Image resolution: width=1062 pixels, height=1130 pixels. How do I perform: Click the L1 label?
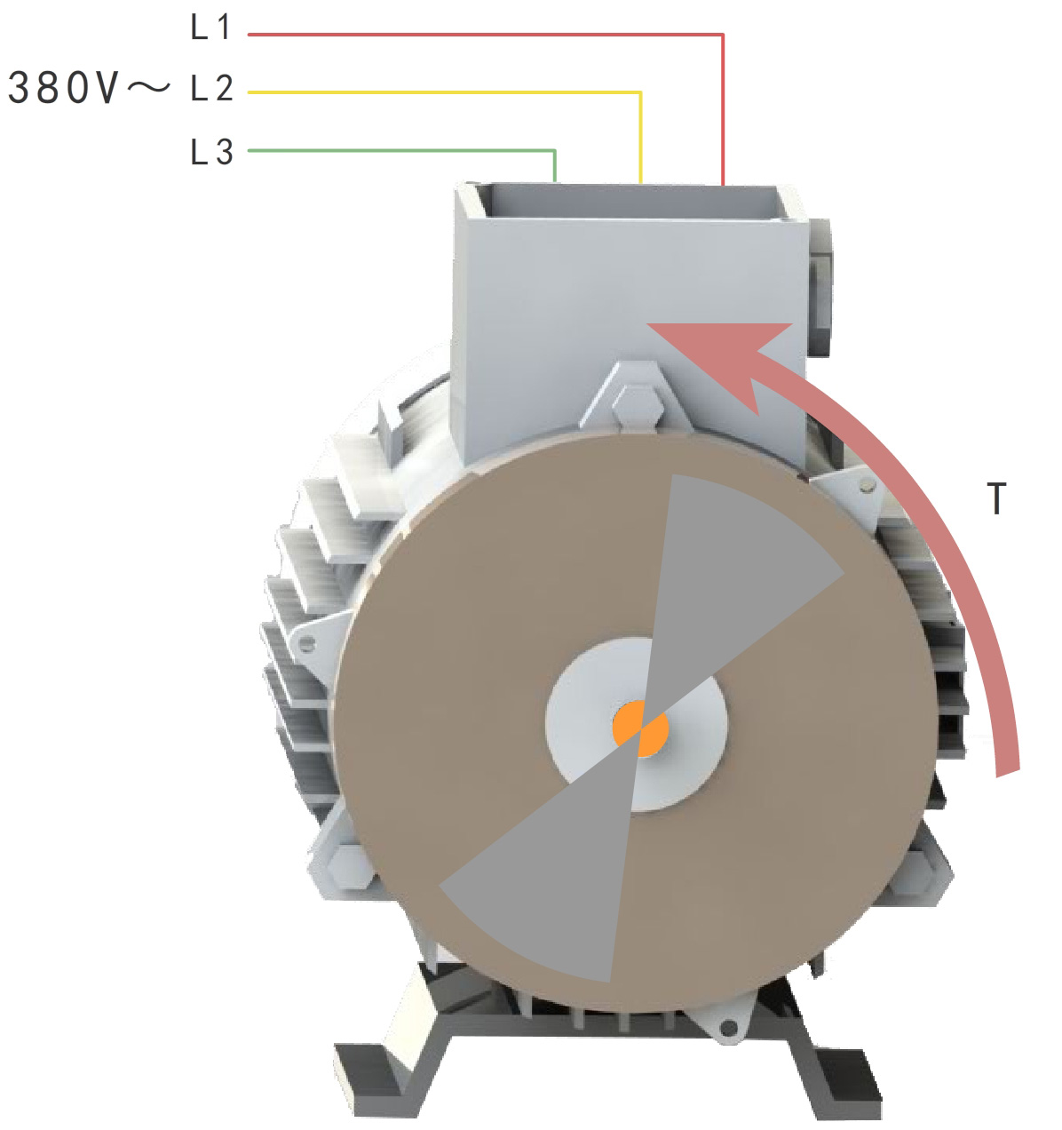pos(210,28)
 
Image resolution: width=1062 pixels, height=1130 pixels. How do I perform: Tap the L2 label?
pos(211,88)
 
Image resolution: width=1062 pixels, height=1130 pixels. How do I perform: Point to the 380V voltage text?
pos(62,88)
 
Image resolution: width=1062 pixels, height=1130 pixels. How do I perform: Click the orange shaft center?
pos(640,728)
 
